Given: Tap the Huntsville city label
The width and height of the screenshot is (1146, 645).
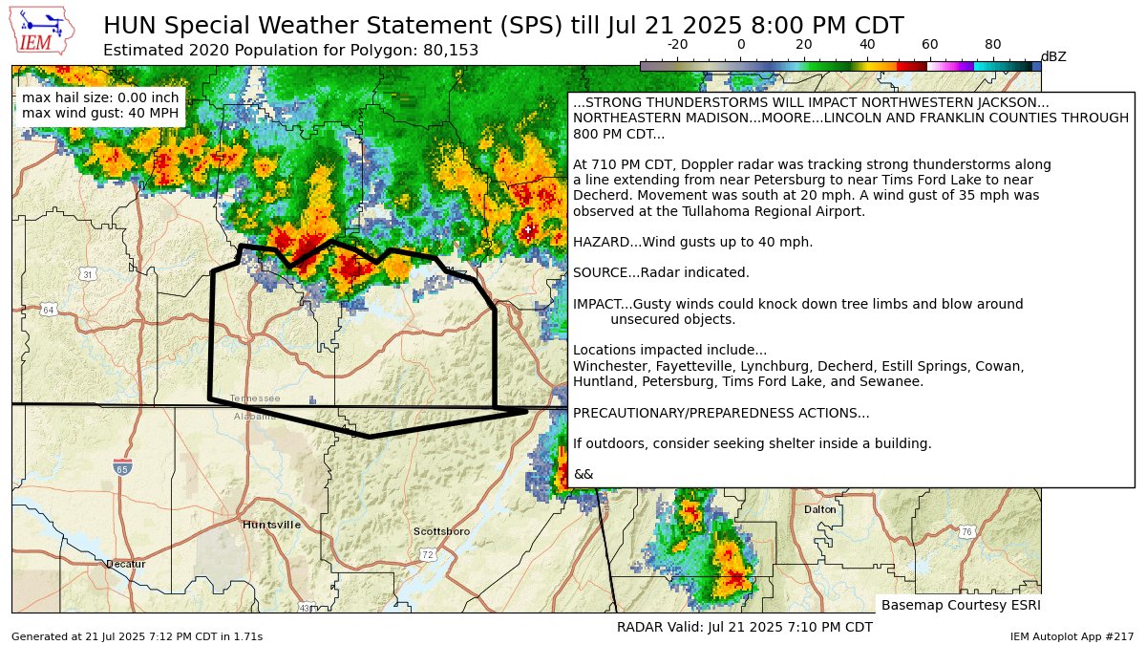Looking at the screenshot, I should [x=271, y=525].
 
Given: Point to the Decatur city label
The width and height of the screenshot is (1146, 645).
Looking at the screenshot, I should [x=126, y=564].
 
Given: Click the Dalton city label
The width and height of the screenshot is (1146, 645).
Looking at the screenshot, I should [x=819, y=509].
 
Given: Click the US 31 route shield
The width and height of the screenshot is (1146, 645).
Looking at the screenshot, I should [x=87, y=274].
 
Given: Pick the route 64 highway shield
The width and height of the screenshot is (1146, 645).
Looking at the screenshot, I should [x=48, y=310].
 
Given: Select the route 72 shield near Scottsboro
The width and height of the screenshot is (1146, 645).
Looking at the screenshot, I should [x=427, y=554].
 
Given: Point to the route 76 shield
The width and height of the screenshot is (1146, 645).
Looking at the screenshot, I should [x=966, y=531].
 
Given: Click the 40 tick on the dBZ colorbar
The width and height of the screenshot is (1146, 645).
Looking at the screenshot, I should [x=866, y=45].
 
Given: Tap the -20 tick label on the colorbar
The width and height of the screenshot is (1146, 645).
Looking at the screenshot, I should [x=677, y=45].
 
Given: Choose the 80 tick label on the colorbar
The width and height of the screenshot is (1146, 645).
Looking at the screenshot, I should [x=992, y=45].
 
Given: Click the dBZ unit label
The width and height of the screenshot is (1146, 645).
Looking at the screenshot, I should [x=1053, y=57].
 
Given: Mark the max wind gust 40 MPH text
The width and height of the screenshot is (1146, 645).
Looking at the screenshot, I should [x=99, y=114].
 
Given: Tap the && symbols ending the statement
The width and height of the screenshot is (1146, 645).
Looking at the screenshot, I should [x=583, y=474].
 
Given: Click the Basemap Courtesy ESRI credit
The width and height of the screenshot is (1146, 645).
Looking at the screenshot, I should [x=960, y=605].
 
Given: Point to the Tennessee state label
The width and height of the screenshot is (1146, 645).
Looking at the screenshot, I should [x=255, y=398].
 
